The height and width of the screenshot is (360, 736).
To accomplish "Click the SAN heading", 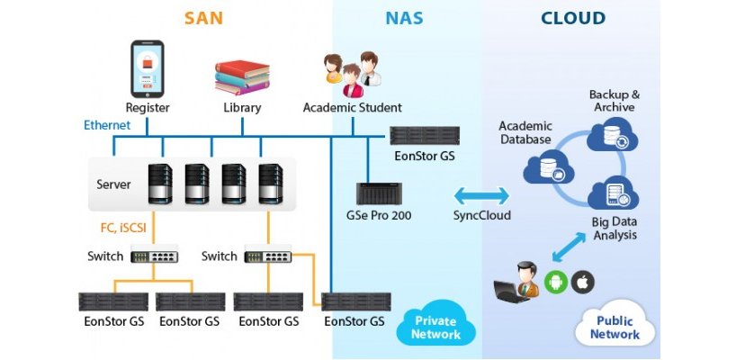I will (203, 18).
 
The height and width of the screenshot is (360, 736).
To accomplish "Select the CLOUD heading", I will (573, 18).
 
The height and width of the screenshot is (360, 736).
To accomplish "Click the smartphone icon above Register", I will (147, 68).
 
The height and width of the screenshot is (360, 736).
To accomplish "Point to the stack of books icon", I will (242, 77).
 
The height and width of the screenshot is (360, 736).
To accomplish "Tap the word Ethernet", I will (107, 125).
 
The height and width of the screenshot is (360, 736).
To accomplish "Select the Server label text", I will (114, 184).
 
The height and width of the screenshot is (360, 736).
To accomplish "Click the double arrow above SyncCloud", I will (480, 195).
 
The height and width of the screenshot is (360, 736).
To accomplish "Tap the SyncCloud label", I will (481, 216).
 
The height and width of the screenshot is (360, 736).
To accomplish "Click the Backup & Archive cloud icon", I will (612, 135).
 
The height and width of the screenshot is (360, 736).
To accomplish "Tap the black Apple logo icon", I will (583, 282).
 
